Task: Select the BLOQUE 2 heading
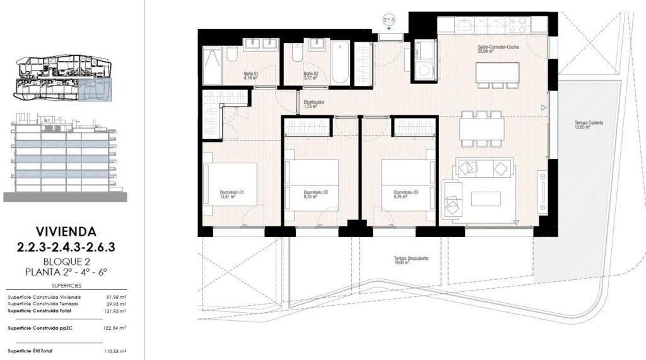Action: tap(66, 260)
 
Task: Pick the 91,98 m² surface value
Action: tap(116, 298)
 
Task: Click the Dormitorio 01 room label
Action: tap(232, 193)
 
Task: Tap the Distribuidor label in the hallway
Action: tap(314, 103)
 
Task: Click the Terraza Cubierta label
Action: tap(582, 124)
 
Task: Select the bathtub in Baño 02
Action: tap(340, 62)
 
